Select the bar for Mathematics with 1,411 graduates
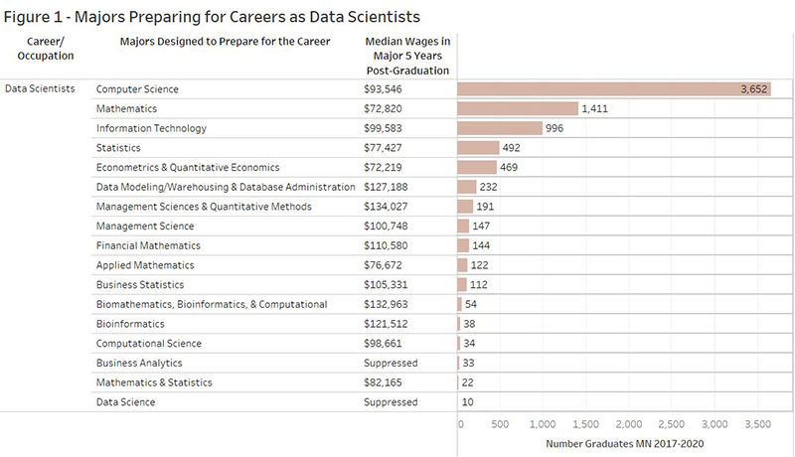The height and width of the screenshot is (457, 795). point(518,108)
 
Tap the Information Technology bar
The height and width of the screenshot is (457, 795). point(500,128)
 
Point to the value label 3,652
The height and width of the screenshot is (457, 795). point(754,88)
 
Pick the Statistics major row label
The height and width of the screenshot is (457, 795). point(118,147)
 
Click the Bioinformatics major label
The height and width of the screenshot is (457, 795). point(130,324)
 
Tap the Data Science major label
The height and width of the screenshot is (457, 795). point(125,402)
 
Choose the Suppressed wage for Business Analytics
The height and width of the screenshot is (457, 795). point(392,363)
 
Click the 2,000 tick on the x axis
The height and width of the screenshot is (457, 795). point(628,424)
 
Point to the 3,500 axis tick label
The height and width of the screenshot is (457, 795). point(757,424)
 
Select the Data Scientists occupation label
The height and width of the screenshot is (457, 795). point(40,88)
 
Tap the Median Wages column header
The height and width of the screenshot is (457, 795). point(406,56)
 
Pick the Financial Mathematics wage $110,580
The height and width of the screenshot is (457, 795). point(392,245)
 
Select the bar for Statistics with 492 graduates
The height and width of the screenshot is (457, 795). point(478,147)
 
